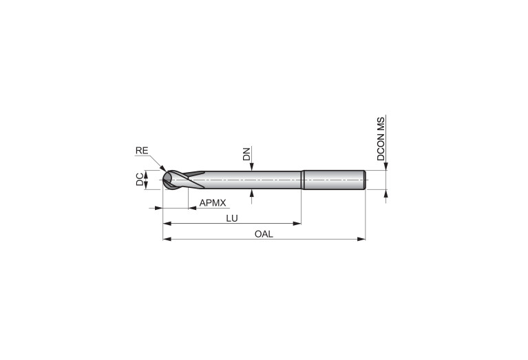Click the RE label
(142, 151)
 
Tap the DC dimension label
(140, 180)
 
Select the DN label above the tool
(247, 153)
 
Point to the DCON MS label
(381, 139)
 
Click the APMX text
(213, 203)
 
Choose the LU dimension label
(232, 219)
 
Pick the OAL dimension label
(264, 234)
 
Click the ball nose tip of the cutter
(164, 180)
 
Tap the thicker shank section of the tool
(333, 180)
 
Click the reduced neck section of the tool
(253, 180)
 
